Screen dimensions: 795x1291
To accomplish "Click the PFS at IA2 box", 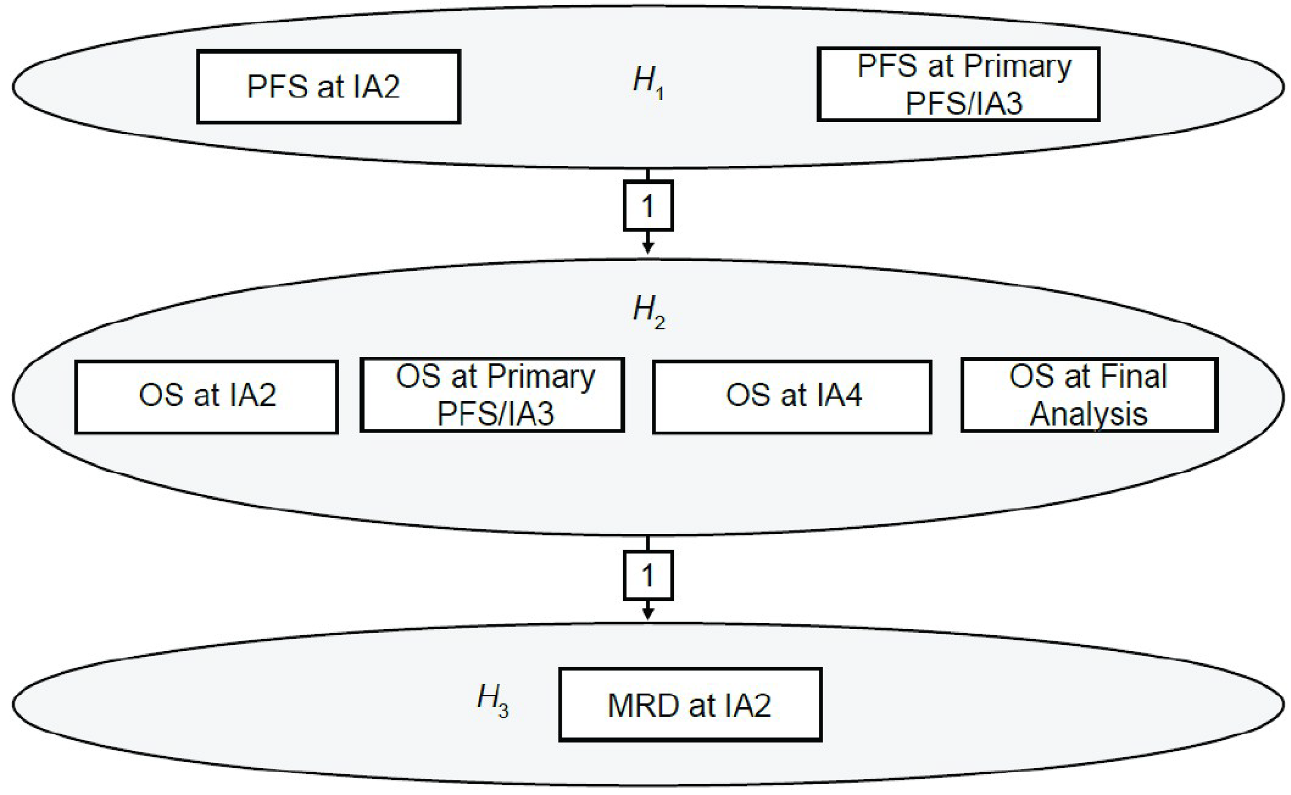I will [x=328, y=87].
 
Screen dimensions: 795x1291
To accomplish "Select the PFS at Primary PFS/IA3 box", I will [x=958, y=84].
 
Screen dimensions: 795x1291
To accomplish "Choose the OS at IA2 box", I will [x=207, y=397].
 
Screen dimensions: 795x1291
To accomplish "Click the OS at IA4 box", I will [x=792, y=397].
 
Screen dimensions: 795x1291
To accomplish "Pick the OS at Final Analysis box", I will [x=1089, y=396].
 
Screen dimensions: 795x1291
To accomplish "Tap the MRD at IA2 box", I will [x=690, y=705].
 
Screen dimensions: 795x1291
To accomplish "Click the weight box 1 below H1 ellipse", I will [x=648, y=206].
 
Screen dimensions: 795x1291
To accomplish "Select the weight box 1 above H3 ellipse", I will [x=648, y=575].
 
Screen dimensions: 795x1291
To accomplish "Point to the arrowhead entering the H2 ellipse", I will [x=648, y=248].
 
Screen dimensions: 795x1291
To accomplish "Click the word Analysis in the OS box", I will [x=1088, y=415].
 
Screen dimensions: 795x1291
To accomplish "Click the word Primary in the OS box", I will [x=541, y=377].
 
